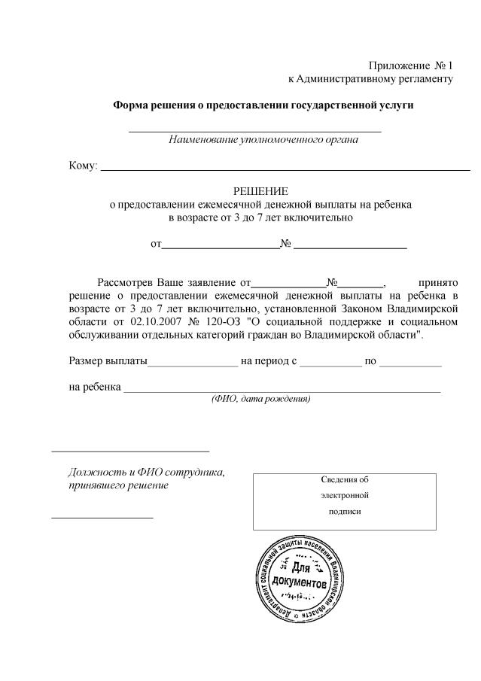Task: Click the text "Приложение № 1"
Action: point(411,66)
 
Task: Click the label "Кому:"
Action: point(83,166)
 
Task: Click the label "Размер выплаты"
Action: point(108,361)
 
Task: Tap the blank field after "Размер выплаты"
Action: point(193,364)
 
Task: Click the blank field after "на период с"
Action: point(330,364)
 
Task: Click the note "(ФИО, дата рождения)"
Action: point(260,399)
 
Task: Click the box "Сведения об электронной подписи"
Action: point(345,501)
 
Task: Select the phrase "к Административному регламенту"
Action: point(371,79)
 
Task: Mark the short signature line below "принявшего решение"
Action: point(102,518)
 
